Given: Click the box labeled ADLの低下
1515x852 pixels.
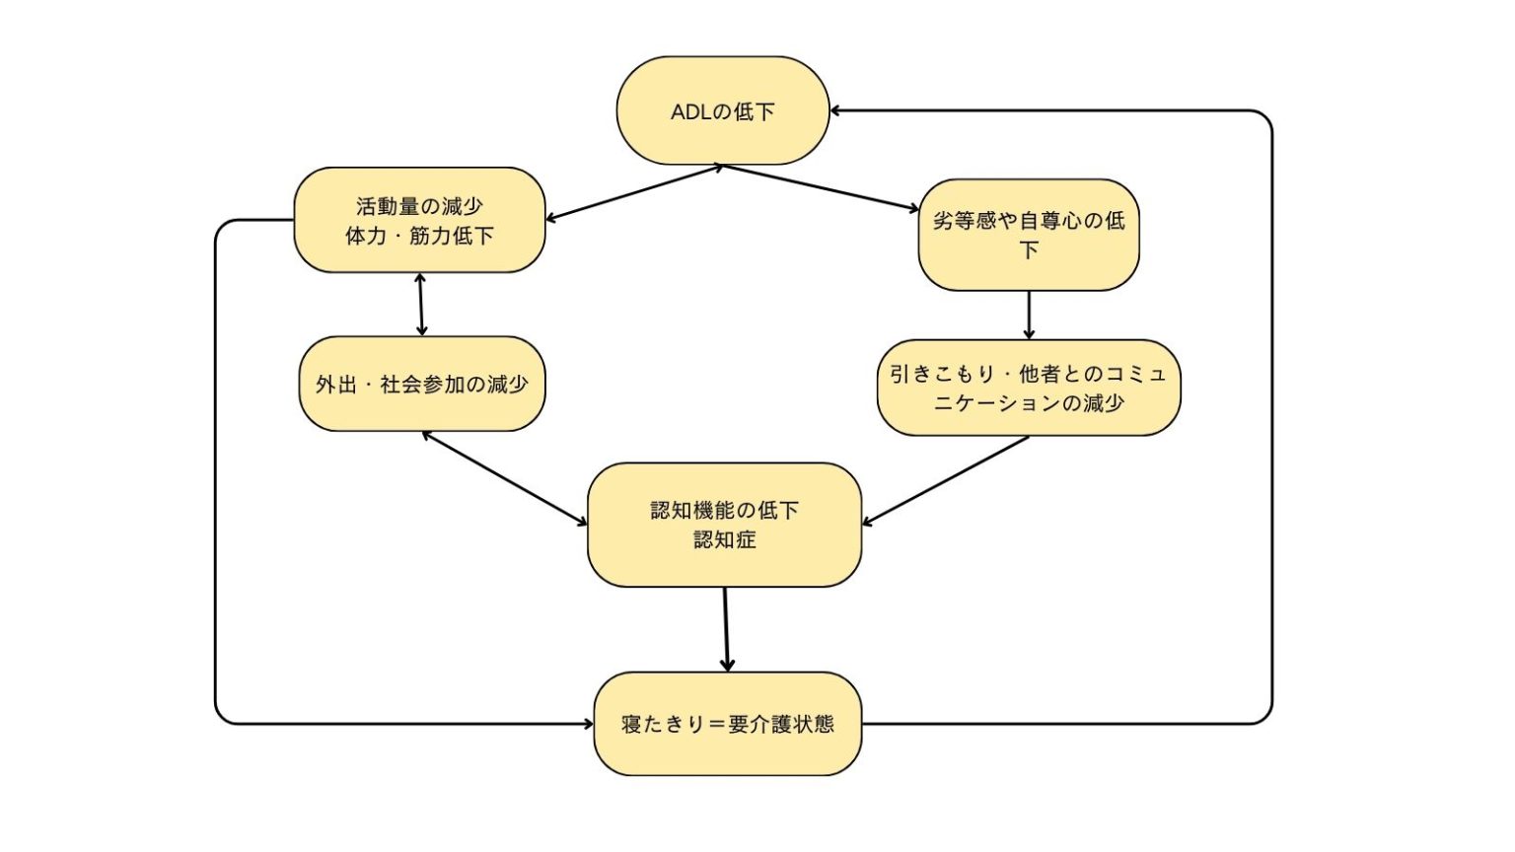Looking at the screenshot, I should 723,110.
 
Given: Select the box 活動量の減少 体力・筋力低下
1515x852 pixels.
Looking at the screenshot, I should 419,220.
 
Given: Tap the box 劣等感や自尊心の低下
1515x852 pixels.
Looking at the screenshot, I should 1029,235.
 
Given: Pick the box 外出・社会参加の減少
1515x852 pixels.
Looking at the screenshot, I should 421,384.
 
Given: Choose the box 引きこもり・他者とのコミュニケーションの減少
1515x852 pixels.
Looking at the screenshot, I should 1029,388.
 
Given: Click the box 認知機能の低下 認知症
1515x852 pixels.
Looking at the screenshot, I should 724,525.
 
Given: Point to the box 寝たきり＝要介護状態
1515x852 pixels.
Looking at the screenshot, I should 727,724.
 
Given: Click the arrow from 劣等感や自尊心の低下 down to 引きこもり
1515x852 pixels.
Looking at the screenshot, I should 1029,315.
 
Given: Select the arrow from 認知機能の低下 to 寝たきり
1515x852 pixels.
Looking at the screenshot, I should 726,629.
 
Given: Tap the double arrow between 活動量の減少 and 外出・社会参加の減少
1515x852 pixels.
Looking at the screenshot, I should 421,305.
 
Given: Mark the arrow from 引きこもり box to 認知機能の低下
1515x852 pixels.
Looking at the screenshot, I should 946,480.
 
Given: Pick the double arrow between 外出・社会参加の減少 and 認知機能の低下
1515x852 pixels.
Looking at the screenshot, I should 504,478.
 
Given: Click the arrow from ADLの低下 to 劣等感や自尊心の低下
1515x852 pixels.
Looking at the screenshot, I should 821,188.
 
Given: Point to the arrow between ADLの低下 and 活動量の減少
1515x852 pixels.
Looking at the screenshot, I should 634,193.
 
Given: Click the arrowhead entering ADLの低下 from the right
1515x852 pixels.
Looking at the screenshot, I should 836,110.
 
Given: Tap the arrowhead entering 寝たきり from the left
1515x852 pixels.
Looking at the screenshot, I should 588,724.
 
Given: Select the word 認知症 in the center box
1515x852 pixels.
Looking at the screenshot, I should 724,539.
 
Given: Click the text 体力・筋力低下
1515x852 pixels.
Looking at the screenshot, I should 419,236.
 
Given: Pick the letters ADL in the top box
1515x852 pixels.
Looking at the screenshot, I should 690,111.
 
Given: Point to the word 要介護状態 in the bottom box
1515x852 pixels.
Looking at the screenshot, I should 781,724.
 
